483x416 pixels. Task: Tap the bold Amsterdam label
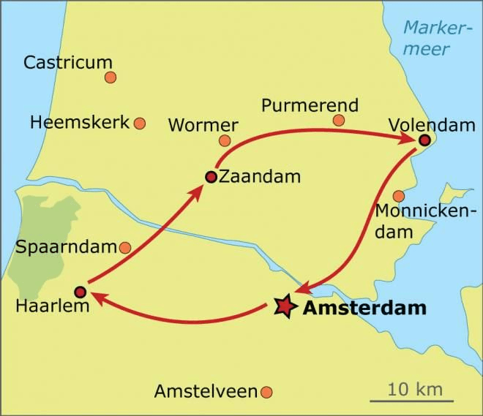click(364, 308)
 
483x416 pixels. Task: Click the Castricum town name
click(68, 62)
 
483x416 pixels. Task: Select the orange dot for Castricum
click(111, 77)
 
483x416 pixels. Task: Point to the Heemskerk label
click(79, 122)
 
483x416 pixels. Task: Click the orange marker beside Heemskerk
click(139, 124)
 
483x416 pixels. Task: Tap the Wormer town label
click(203, 125)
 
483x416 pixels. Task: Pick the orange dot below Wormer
click(225, 140)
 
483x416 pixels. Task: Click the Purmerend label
click(310, 105)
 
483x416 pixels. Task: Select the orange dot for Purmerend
click(338, 120)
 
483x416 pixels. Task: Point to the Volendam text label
click(432, 124)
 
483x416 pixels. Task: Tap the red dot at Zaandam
click(210, 176)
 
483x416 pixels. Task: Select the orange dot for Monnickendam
click(398, 196)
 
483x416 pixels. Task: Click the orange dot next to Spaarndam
click(125, 248)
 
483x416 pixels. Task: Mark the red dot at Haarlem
click(80, 292)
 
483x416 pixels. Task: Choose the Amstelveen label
click(205, 392)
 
